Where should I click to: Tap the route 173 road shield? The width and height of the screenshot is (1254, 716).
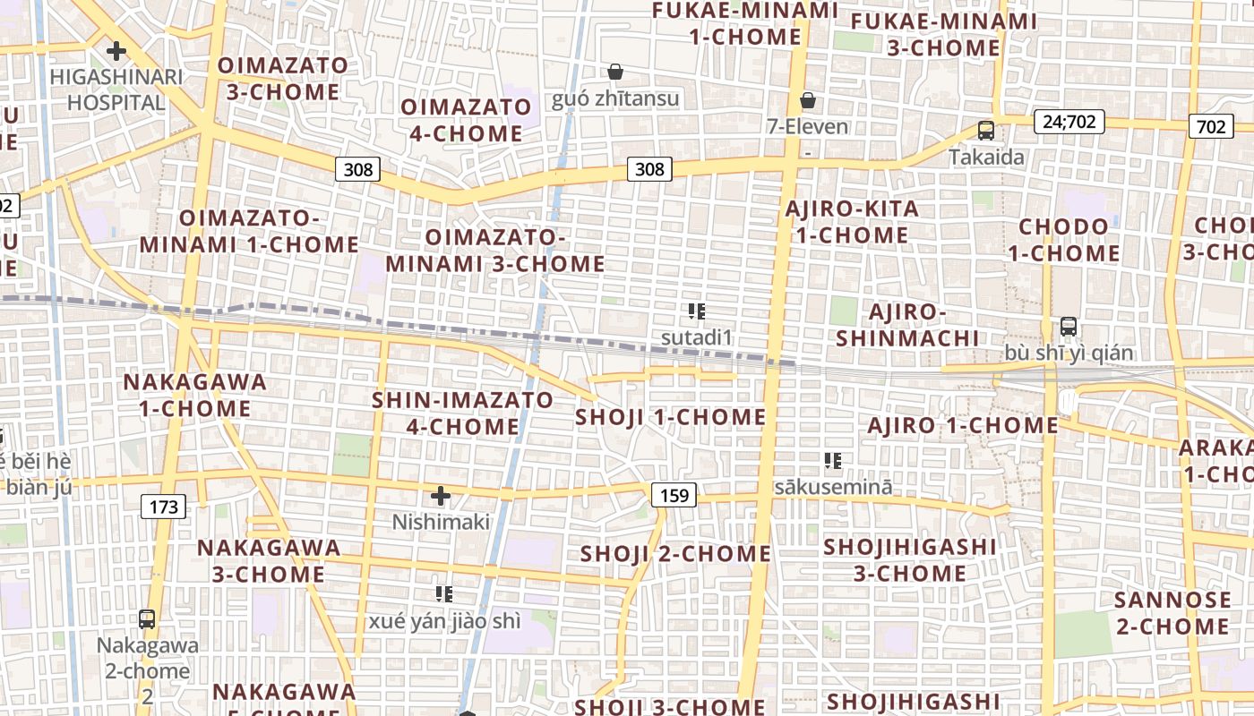[x=163, y=507]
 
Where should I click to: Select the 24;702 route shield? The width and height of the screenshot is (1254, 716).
[x=1069, y=121]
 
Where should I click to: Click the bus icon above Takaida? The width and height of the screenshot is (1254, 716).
[x=986, y=131]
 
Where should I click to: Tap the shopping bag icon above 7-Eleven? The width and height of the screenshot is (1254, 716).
[x=808, y=100]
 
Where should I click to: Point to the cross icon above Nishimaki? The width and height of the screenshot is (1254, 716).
[x=441, y=495]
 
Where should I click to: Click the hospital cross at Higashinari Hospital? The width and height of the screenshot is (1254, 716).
[x=116, y=51]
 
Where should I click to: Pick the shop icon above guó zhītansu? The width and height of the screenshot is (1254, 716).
[x=615, y=72]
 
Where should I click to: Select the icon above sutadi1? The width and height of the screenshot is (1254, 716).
[x=697, y=311]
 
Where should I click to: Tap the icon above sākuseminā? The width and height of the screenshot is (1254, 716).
[x=833, y=461]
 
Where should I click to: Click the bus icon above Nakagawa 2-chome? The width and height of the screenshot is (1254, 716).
[x=146, y=618]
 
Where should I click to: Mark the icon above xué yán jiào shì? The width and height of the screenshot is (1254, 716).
[x=444, y=593]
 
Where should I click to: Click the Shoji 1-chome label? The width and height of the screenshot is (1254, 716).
[x=670, y=417]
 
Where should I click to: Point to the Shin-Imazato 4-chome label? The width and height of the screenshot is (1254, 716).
[x=462, y=413]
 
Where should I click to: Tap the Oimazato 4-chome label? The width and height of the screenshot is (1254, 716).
[x=466, y=120]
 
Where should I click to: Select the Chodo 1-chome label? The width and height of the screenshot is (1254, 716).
[x=1064, y=240]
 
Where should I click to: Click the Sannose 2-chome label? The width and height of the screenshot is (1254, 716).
[x=1172, y=612]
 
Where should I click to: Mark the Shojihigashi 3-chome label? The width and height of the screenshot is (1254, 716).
[x=909, y=559]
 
